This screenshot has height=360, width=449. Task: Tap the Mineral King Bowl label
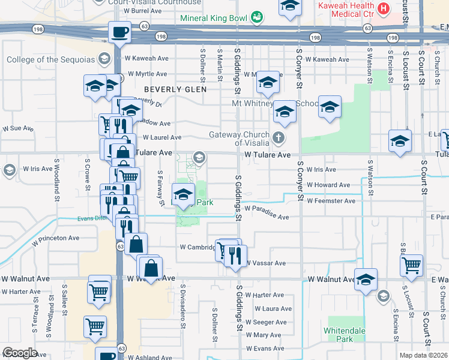214,18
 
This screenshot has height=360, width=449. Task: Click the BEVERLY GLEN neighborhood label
175,89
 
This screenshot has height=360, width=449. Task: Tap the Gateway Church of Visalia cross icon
278,138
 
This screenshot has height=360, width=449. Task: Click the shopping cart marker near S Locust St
411,265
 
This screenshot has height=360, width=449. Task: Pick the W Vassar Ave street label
265,263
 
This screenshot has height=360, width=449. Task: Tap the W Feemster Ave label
331,201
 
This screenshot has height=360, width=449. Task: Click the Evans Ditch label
92,218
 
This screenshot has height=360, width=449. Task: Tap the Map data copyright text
423,355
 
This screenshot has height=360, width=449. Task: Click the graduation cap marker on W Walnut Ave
366,279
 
